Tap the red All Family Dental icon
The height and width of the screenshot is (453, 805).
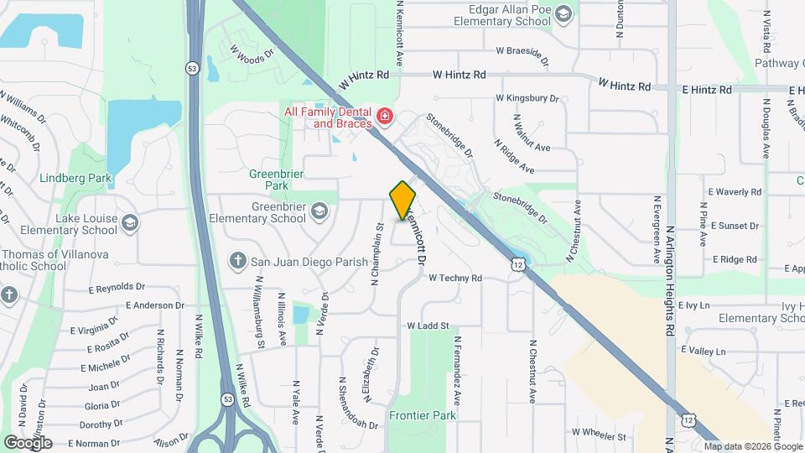pos(385,116)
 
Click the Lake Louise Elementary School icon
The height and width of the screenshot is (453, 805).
pos(129,222)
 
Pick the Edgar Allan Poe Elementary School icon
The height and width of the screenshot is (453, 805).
pos(563,13)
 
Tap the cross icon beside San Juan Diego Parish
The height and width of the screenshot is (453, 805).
pos(238,261)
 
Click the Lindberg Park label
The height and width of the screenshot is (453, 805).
pos(75,179)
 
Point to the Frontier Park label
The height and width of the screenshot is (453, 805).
pos(422,415)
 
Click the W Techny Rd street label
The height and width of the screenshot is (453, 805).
pos(455,278)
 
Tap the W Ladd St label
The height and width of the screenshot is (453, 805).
pos(428,325)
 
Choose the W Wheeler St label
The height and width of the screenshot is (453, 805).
pos(599,436)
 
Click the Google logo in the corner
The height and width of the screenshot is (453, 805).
pos(28,442)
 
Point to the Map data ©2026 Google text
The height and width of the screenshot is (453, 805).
pos(751,445)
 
